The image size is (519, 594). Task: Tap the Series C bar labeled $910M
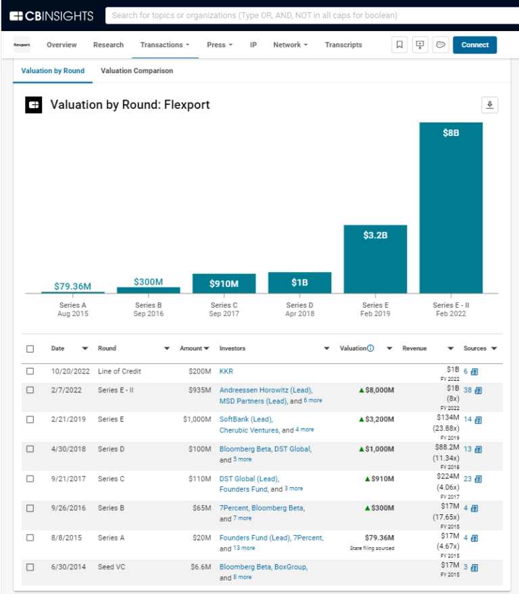tap(224, 283)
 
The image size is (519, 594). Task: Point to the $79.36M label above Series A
tap(72, 286)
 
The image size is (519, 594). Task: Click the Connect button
tap(474, 45)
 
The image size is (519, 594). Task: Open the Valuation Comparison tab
tap(137, 71)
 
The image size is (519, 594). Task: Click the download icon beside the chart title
tap(489, 105)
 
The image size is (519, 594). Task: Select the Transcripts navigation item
tap(343, 45)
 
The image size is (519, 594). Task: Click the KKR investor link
tap(226, 371)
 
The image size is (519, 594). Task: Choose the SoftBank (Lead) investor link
tap(246, 419)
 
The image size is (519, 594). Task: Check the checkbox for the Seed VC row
tap(30, 567)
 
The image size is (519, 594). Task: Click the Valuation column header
tap(353, 348)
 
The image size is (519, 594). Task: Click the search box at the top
tap(308, 15)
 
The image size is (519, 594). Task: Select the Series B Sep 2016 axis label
tap(148, 309)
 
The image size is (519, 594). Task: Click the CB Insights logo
tap(53, 15)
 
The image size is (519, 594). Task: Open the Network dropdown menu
tap(290, 45)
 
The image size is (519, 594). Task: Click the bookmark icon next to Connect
tap(399, 45)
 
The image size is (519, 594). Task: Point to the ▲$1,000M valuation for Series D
tap(376, 449)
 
